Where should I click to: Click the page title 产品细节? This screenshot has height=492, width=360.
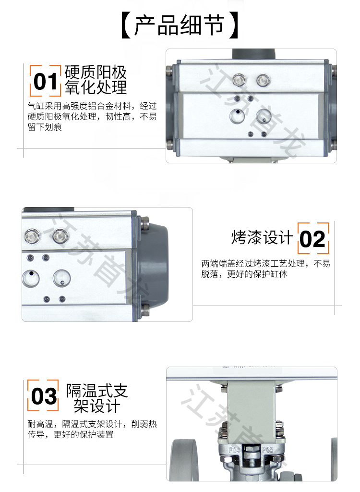[x=180, y=25]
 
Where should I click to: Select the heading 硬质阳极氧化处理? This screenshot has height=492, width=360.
[x=96, y=80]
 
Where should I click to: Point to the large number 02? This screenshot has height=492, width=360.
[x=312, y=239]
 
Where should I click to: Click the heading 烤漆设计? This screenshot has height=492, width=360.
[x=262, y=237]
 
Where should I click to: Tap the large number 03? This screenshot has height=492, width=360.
[x=44, y=396]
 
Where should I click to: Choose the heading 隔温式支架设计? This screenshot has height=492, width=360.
[x=96, y=398]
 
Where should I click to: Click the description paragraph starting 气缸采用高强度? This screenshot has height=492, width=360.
[x=92, y=116]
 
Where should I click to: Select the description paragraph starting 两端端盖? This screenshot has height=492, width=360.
[x=265, y=269]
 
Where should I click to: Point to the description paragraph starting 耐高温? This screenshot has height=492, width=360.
[x=92, y=429]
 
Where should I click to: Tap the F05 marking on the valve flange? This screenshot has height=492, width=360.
[x=267, y=450]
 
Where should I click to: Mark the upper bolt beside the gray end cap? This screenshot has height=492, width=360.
[x=144, y=223]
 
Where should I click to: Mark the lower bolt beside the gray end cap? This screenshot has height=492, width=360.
[x=145, y=310]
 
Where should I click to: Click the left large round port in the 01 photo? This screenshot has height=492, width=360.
[x=238, y=116]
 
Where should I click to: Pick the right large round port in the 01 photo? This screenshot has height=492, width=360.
[x=264, y=116]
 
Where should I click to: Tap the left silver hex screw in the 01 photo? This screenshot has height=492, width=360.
[x=239, y=80]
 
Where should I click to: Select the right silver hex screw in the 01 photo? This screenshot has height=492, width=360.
[x=263, y=80]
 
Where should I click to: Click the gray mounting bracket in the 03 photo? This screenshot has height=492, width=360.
[x=252, y=408]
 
